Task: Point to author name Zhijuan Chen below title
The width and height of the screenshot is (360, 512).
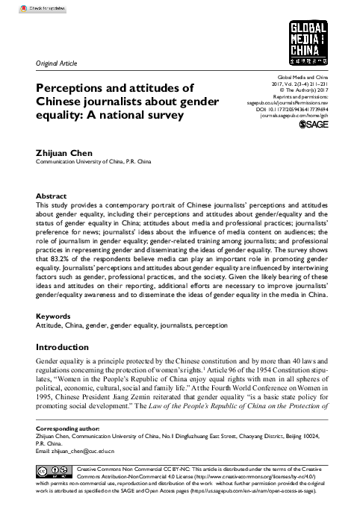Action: (x=64, y=151)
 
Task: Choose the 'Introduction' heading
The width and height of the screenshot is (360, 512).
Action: (x=68, y=348)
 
